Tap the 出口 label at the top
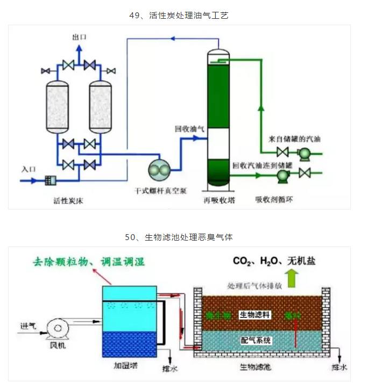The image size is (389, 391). click(x=79, y=37)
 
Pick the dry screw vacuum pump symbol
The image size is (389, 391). click(x=160, y=170)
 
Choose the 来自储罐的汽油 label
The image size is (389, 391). click(x=294, y=139)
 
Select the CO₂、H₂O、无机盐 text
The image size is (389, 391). click(x=274, y=261)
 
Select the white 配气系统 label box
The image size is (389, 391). click(x=256, y=341)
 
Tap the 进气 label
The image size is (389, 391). click(x=28, y=325)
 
